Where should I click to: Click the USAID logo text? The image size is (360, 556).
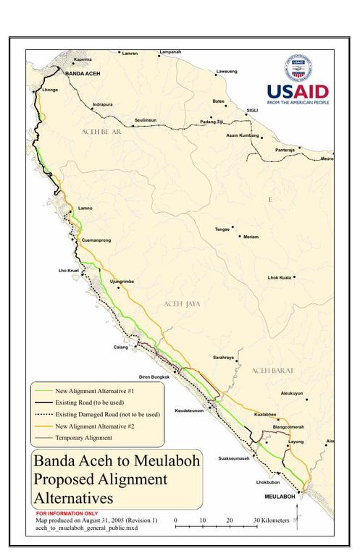click(297, 92)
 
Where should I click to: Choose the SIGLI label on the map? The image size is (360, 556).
click(252, 111)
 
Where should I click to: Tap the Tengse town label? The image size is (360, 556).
click(222, 229)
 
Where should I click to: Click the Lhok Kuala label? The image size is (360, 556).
click(279, 277)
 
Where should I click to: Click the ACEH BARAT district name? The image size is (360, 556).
click(275, 371)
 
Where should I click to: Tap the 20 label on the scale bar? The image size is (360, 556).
click(230, 520)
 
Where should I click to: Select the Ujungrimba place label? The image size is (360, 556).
click(122, 281)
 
